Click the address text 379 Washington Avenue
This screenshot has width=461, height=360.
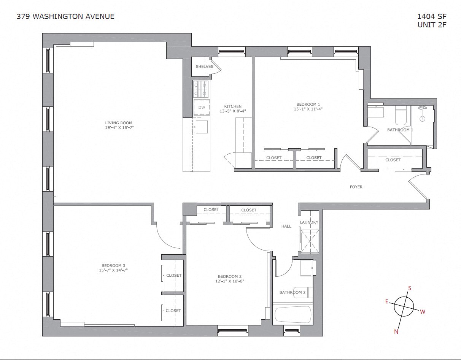(65, 16)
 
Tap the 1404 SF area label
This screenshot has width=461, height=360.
(432, 16)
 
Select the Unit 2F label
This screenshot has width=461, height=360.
(432, 25)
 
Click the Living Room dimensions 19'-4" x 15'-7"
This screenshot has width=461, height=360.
(119, 128)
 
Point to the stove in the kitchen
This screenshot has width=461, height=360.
(200, 89)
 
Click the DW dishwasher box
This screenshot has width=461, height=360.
(202, 107)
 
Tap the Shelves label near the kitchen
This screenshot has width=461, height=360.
(204, 67)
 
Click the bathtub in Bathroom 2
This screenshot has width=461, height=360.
(293, 314)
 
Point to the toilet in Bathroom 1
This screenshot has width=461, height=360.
(401, 116)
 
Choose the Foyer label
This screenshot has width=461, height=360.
(356, 187)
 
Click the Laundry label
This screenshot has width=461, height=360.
(309, 222)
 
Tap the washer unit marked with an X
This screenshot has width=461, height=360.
(310, 241)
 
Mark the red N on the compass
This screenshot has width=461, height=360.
(396, 331)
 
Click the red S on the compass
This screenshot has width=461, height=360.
(410, 288)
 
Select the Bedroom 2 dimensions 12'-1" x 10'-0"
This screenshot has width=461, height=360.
(230, 281)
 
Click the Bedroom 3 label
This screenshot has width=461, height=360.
(113, 265)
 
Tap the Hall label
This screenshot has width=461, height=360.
(286, 226)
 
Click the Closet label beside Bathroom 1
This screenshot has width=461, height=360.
(393, 160)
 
